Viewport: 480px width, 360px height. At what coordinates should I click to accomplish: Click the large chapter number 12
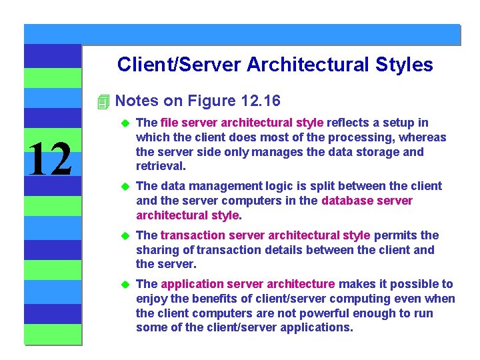[x=50, y=159]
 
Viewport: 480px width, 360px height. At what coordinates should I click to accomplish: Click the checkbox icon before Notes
[x=102, y=101]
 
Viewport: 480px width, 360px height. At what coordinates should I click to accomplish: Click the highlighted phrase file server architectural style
[x=242, y=123]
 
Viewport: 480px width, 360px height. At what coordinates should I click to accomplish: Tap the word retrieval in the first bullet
[x=161, y=166]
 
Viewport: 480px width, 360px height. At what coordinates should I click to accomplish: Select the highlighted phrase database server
[x=367, y=201]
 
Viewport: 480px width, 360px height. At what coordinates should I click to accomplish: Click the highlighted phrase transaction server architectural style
[x=265, y=235]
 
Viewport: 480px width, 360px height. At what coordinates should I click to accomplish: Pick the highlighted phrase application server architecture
[x=248, y=284]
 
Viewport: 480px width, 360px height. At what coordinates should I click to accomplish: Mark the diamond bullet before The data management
[x=123, y=186]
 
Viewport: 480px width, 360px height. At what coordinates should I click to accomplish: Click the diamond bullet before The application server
[x=123, y=284]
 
